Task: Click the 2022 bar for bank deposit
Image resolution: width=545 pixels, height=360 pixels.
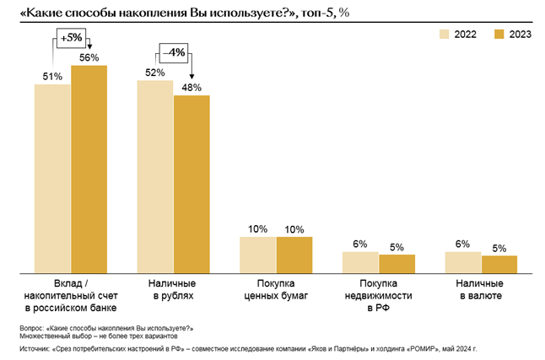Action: (x=52, y=177)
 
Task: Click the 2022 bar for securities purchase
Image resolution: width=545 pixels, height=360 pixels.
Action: (x=258, y=254)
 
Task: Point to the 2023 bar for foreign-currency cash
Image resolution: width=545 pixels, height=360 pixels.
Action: (x=499, y=263)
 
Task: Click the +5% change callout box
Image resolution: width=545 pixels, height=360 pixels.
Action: (x=71, y=36)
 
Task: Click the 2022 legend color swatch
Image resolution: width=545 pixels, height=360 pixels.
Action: (x=443, y=34)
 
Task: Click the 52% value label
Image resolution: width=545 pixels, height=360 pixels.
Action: (x=155, y=73)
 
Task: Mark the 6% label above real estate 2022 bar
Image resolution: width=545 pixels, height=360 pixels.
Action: (x=360, y=244)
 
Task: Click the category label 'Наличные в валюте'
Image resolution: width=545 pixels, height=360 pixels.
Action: (x=481, y=291)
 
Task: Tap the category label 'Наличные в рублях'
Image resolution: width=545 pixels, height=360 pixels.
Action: (x=173, y=291)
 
